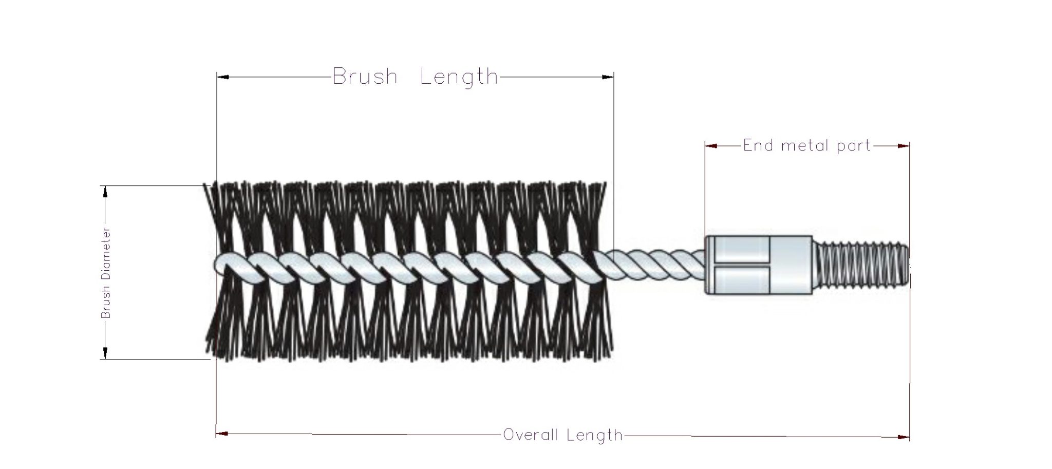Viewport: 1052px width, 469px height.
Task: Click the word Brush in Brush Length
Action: pos(365,77)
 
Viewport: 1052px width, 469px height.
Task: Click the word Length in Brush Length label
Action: pos(459,77)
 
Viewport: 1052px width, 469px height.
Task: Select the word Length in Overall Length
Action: pos(594,435)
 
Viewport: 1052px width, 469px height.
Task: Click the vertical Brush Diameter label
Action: pos(106,273)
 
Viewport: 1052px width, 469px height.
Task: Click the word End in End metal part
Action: pos(758,146)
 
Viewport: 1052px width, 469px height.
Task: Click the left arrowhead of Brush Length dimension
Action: pos(223,77)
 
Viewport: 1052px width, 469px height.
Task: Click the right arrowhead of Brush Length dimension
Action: pos(608,77)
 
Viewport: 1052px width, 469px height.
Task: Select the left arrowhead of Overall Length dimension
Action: pos(222,434)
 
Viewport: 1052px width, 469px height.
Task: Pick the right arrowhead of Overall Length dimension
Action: pos(903,437)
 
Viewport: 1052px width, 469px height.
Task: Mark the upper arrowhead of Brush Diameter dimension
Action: pos(105,192)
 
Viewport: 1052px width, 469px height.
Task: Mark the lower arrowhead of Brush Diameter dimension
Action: pos(105,353)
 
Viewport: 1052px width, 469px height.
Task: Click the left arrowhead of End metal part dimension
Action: pos(711,146)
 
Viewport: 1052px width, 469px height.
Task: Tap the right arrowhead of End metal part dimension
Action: pos(904,146)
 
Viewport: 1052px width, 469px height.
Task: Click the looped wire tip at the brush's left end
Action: pos(222,263)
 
